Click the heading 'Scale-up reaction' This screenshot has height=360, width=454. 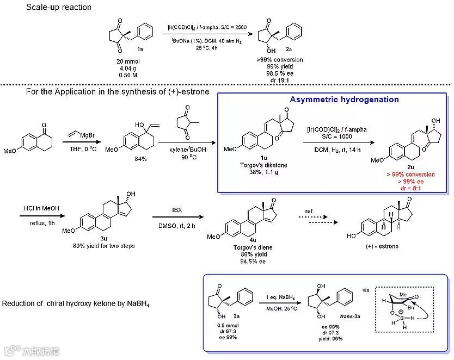pos(59,8)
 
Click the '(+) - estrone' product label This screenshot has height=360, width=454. pos(381,246)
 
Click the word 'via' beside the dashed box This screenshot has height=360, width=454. pos(365,290)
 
